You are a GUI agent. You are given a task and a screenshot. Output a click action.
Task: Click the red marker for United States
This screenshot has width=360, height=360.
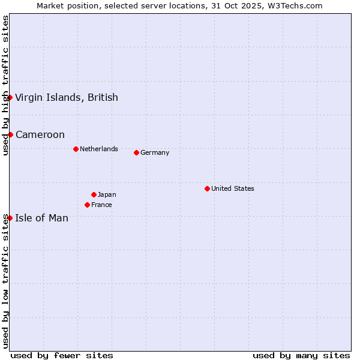207,188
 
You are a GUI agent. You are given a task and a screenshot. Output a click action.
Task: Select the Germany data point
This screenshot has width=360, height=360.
136,152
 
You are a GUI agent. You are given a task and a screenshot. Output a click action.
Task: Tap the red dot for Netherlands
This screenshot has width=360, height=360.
76,149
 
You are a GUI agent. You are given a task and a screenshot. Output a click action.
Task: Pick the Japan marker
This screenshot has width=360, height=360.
94,194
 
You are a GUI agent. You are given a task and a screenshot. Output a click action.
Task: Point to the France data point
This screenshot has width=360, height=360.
87,205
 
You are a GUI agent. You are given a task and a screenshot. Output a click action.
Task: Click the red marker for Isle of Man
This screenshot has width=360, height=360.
10,218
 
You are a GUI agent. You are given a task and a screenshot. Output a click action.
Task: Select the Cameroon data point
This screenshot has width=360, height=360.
10,134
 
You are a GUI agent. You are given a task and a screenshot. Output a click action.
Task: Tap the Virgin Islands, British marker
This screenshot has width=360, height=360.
10,97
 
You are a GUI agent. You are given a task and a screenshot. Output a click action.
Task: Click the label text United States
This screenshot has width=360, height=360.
233,188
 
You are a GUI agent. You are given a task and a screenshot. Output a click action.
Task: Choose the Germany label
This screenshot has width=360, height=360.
155,152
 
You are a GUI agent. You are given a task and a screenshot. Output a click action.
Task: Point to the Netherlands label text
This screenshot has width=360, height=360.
99,149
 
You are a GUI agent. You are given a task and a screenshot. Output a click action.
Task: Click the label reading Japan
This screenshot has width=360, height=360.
107,194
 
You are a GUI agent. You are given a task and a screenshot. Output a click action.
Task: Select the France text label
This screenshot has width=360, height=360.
102,205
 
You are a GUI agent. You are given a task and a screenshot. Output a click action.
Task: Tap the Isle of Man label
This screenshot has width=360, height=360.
42,218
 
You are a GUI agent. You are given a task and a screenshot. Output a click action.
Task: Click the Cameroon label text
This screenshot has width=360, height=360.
40,134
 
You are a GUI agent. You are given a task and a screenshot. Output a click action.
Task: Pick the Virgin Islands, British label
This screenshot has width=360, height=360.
67,97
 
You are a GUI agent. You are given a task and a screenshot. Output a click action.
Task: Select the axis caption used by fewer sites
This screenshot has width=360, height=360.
62,355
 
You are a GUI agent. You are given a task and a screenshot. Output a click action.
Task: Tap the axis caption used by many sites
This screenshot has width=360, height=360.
301,355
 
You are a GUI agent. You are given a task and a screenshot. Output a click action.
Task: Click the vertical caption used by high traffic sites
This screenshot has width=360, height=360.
5,86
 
